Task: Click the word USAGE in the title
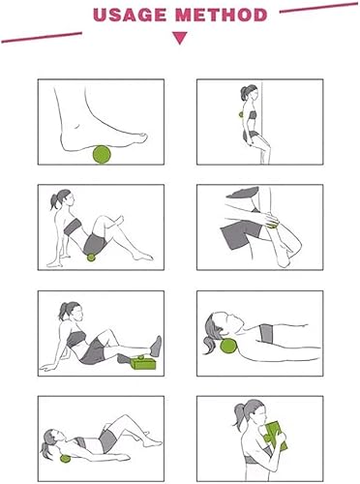click(134, 15)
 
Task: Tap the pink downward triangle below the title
click(179, 39)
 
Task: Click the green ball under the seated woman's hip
click(92, 256)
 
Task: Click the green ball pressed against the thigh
click(272, 225)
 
